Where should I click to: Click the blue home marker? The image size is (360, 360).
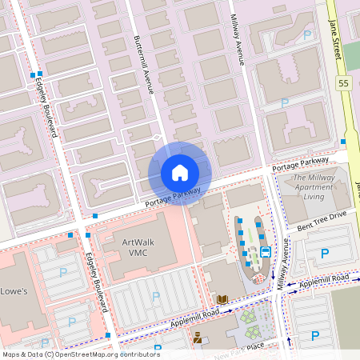180,173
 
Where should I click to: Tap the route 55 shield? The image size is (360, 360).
344,83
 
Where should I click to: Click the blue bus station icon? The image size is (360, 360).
265,250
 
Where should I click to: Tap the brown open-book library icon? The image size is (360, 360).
222,299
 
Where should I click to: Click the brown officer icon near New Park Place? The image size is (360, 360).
197,337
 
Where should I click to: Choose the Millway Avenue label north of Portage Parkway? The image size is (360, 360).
238,39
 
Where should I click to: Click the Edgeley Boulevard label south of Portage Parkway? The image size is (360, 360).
95,282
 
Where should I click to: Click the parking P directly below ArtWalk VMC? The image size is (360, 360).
155,296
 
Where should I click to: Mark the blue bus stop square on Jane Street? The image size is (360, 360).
342,142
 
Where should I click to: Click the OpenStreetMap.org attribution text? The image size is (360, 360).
96,354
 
